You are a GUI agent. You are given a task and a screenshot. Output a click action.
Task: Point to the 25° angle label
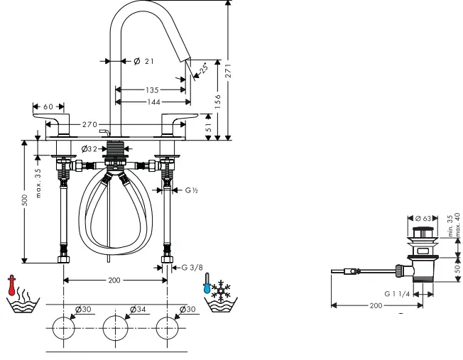[x=203, y=70]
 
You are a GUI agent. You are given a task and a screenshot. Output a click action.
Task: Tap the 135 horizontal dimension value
[x=152, y=90]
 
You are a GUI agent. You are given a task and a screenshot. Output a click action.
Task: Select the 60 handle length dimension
[x=48, y=107]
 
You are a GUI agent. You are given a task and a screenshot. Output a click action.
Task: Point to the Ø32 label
[x=89, y=148]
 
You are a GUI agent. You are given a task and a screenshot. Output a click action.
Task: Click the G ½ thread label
[x=192, y=190]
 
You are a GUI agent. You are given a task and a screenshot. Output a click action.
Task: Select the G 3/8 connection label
[x=191, y=267]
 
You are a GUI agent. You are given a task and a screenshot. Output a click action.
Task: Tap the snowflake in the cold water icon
[x=222, y=288]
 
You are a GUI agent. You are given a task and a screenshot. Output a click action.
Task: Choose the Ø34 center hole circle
[x=114, y=329]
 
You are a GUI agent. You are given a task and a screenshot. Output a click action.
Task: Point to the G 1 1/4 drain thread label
[x=398, y=293]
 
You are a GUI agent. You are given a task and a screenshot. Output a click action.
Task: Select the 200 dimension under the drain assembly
[x=376, y=305]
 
